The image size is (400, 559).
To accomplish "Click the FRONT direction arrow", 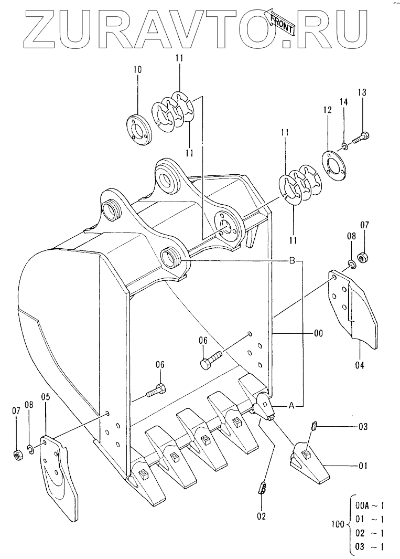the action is tap(279, 22).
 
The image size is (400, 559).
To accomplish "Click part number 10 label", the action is tap(137, 69).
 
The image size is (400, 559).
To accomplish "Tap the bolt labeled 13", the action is tap(361, 138).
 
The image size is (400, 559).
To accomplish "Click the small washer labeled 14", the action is tap(344, 145).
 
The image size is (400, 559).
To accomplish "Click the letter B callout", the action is tap(291, 261).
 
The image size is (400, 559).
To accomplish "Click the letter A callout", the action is tap(291, 405).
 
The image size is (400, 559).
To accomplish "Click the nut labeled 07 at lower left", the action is tap(17, 455).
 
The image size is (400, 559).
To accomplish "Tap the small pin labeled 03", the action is tap(314, 426).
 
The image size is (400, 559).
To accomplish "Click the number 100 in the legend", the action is tap(338, 524).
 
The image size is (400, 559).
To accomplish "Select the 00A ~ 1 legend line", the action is tap(370, 505).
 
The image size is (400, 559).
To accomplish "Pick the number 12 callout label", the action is tap(327, 110).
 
